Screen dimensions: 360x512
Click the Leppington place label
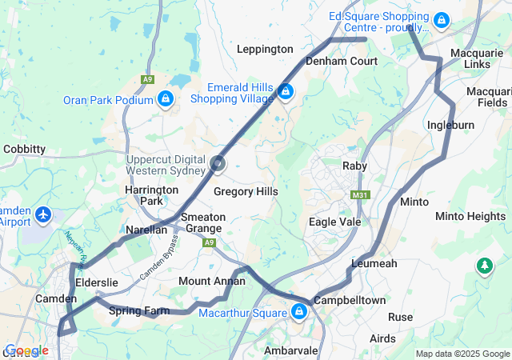[265, 49]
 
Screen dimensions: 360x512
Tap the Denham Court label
[342, 61]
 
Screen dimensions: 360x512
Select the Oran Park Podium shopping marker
[165, 99]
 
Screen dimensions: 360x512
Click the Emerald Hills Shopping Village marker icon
[285, 92]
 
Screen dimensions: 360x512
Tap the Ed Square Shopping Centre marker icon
[442, 19]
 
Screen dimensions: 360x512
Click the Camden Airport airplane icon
[43, 214]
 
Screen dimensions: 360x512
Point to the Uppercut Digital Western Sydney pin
[218, 165]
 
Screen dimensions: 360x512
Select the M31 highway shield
[361, 194]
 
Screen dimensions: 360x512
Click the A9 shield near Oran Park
[146, 79]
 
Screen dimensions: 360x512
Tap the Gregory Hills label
[246, 192]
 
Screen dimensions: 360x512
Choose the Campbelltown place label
[350, 300]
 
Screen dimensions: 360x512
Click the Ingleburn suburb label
[450, 126]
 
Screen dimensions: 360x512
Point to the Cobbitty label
[24, 149]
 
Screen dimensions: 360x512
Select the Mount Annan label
[211, 281]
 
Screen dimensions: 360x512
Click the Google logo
[26, 350]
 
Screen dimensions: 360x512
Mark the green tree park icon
[484, 265]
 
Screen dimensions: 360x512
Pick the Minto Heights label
[470, 217]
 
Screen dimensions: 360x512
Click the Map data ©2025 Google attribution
[462, 354]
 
